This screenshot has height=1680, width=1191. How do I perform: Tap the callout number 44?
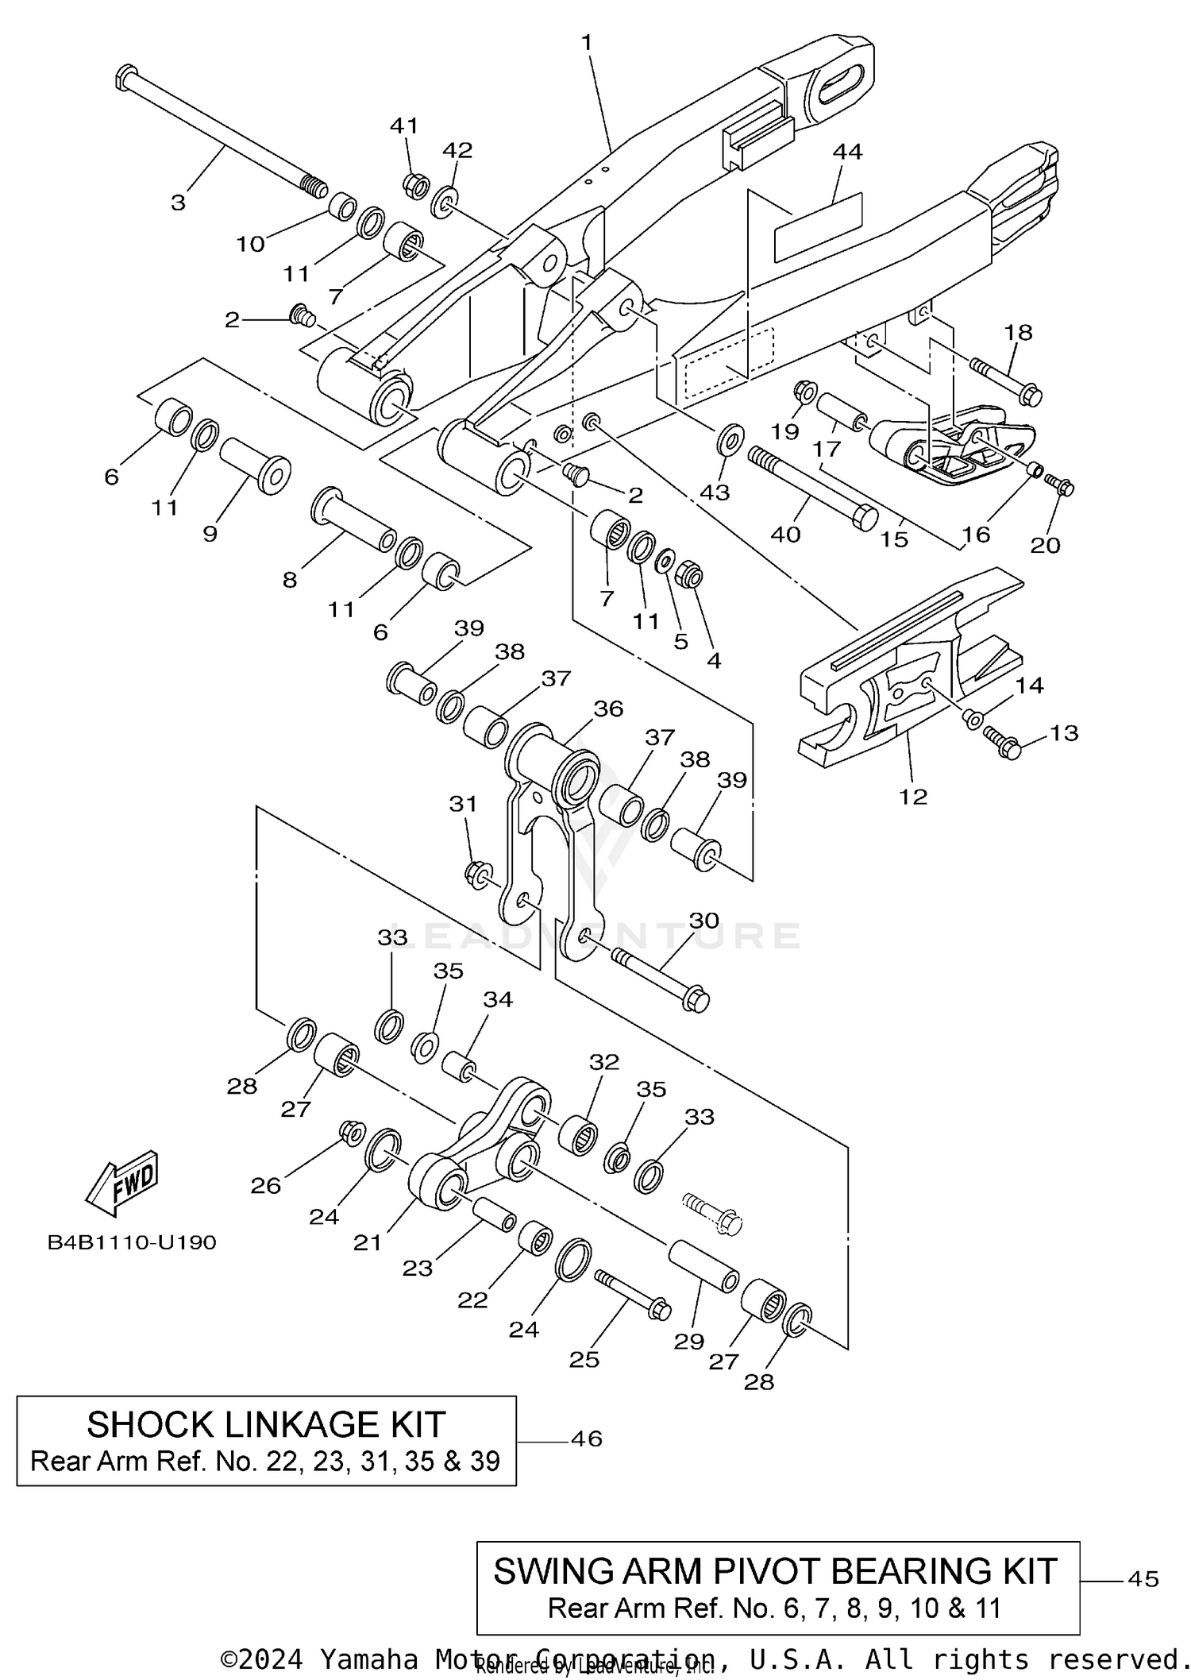point(846,151)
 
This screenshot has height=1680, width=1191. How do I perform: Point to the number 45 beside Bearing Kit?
point(1143,1579)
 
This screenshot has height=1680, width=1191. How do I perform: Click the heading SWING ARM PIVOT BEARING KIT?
point(776,1571)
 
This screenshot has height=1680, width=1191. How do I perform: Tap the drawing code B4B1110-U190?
point(132,1242)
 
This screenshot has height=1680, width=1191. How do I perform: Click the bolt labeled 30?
point(659,976)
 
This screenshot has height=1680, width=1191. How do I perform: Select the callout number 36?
point(608,708)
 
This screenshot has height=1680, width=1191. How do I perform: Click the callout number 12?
point(913,796)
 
